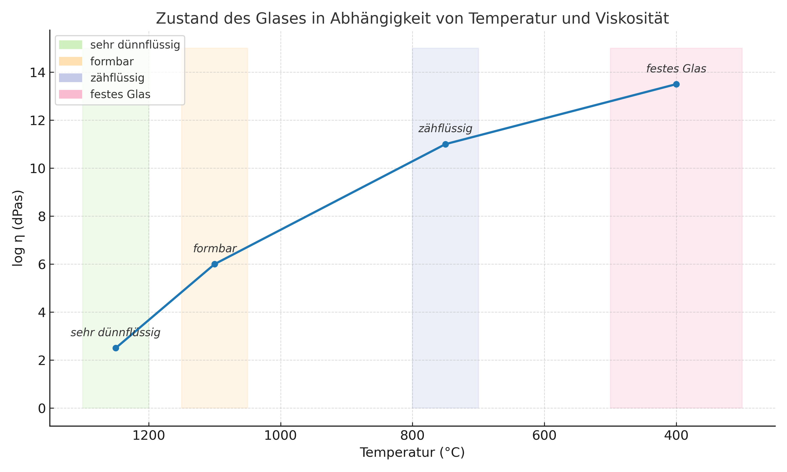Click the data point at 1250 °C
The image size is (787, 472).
click(x=116, y=348)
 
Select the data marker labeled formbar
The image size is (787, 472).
click(x=215, y=264)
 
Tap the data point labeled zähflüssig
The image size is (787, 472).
click(x=445, y=144)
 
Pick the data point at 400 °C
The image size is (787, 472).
click(x=676, y=84)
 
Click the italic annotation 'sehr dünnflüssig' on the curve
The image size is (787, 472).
click(x=115, y=333)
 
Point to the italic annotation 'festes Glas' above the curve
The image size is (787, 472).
click(x=676, y=69)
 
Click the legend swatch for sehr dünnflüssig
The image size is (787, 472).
click(x=70, y=45)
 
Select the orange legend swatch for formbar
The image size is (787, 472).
click(x=70, y=61)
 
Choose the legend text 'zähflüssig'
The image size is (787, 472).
click(x=117, y=78)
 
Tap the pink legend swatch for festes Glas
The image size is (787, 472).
click(x=70, y=94)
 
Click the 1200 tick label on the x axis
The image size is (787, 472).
click(x=148, y=436)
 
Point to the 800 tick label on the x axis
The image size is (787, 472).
click(x=412, y=436)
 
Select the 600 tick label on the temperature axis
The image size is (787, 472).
click(x=544, y=436)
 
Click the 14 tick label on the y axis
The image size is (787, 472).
click(x=38, y=73)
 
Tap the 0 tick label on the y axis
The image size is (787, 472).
click(x=42, y=408)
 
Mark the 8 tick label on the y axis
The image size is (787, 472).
click(x=42, y=217)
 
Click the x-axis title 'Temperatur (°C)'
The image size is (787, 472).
click(x=412, y=453)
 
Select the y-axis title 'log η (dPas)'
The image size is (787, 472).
click(x=18, y=228)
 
